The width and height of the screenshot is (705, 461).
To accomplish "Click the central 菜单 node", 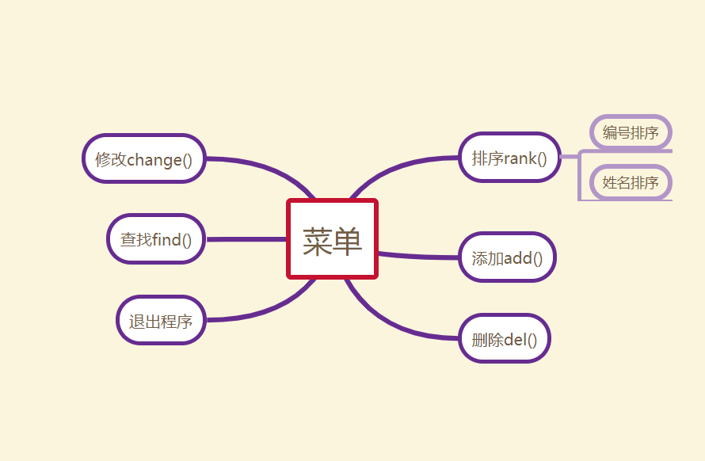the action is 332,239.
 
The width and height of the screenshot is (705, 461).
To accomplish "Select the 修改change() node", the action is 144,158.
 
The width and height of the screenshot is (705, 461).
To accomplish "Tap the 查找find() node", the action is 156,238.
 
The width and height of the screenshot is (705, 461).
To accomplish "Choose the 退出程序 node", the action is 161,321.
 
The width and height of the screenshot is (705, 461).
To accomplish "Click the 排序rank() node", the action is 509,157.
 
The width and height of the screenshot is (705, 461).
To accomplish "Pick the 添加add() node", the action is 507,257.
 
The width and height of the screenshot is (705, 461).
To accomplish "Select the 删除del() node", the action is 504,339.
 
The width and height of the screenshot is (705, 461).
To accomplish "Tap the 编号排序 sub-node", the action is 631,132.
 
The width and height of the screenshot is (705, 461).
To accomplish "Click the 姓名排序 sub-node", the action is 631,183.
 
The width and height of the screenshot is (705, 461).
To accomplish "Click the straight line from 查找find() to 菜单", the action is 246,238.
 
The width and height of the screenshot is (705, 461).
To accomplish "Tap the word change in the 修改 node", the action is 154,159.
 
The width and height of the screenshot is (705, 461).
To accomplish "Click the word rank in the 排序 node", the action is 520,158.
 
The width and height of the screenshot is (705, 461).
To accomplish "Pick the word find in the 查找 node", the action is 166,239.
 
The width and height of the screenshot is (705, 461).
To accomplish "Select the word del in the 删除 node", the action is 515,340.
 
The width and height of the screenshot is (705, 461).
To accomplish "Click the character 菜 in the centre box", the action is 317,241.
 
